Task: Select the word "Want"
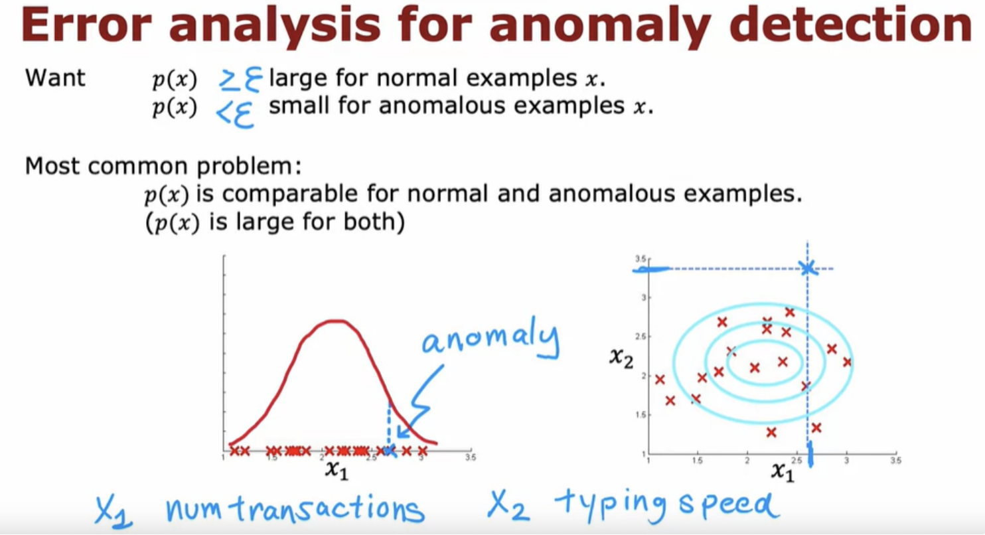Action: (x=55, y=78)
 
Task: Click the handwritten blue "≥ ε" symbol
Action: (x=241, y=80)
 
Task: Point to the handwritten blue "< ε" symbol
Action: (x=235, y=114)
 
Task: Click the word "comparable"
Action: (x=289, y=194)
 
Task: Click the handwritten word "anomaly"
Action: (x=491, y=339)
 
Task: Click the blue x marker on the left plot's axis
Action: (x=390, y=451)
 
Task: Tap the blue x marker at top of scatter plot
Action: (x=808, y=267)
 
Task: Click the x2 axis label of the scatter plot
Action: (x=621, y=357)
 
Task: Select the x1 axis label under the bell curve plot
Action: (x=337, y=469)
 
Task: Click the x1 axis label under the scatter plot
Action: (x=783, y=472)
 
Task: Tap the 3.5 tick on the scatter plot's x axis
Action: (x=896, y=461)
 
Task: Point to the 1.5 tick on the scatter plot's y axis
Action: (x=641, y=415)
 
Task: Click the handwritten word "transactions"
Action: (x=329, y=508)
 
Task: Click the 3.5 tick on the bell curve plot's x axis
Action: (x=471, y=457)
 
